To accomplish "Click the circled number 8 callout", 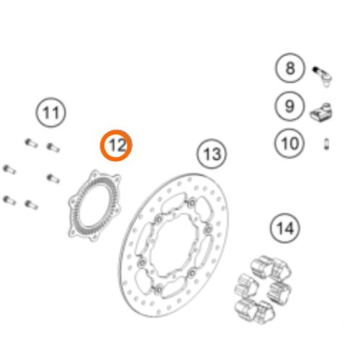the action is click(289, 68).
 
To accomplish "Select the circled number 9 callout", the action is click(289, 106).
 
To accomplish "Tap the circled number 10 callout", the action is click(289, 143).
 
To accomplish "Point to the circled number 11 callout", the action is click(50, 112).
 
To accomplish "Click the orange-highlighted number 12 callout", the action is click(116, 145).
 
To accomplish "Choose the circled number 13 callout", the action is click(212, 153).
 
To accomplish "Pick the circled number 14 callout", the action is click(285, 228).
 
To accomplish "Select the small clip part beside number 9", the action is click(321, 112).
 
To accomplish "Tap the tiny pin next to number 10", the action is click(326, 144).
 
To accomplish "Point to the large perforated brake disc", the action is click(174, 246).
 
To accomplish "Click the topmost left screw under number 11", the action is click(31, 143).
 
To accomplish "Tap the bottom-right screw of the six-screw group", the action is click(32, 204).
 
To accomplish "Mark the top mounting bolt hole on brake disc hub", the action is click(192, 203).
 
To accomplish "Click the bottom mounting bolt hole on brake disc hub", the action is click(158, 289).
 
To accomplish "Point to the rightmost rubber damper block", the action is click(279, 293).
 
